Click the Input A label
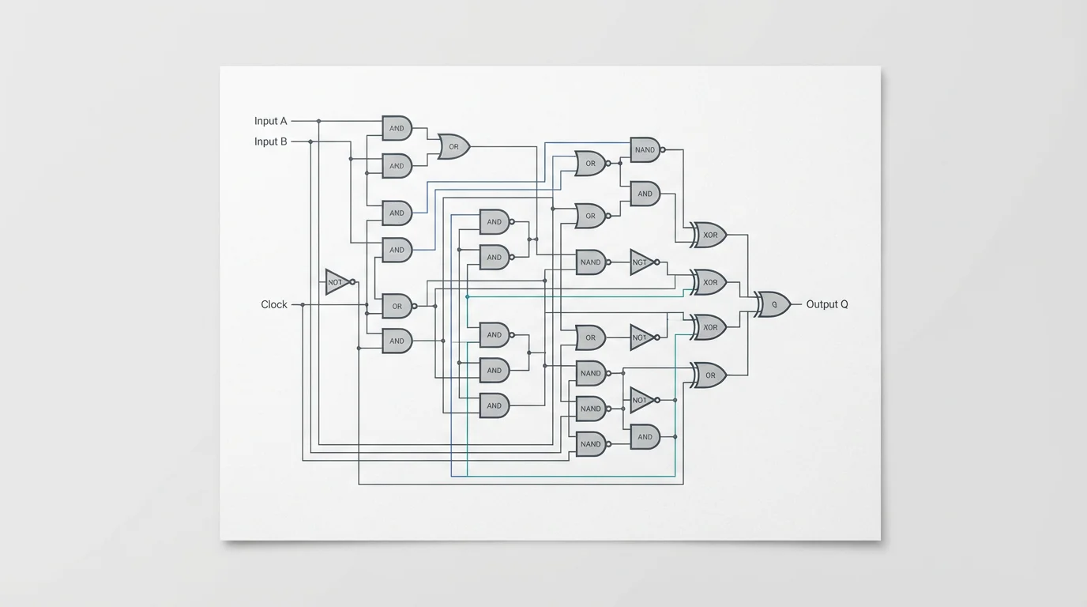[x=270, y=121]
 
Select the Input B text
[x=270, y=141]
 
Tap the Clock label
[x=274, y=304]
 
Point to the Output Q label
[x=827, y=304]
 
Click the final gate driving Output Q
[x=773, y=304]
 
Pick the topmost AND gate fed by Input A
[x=397, y=128]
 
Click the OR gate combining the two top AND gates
[x=453, y=146]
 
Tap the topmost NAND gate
[x=645, y=149]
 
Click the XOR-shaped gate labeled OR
[x=709, y=375]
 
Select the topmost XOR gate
[x=709, y=235]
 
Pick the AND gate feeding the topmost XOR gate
[x=645, y=194]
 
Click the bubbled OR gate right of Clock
[x=397, y=306]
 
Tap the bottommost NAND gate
[x=590, y=444]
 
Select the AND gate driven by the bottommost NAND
[x=645, y=436]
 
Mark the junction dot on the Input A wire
[x=318, y=121]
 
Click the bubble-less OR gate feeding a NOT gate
[x=590, y=337]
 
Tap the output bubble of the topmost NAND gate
[x=663, y=149]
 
